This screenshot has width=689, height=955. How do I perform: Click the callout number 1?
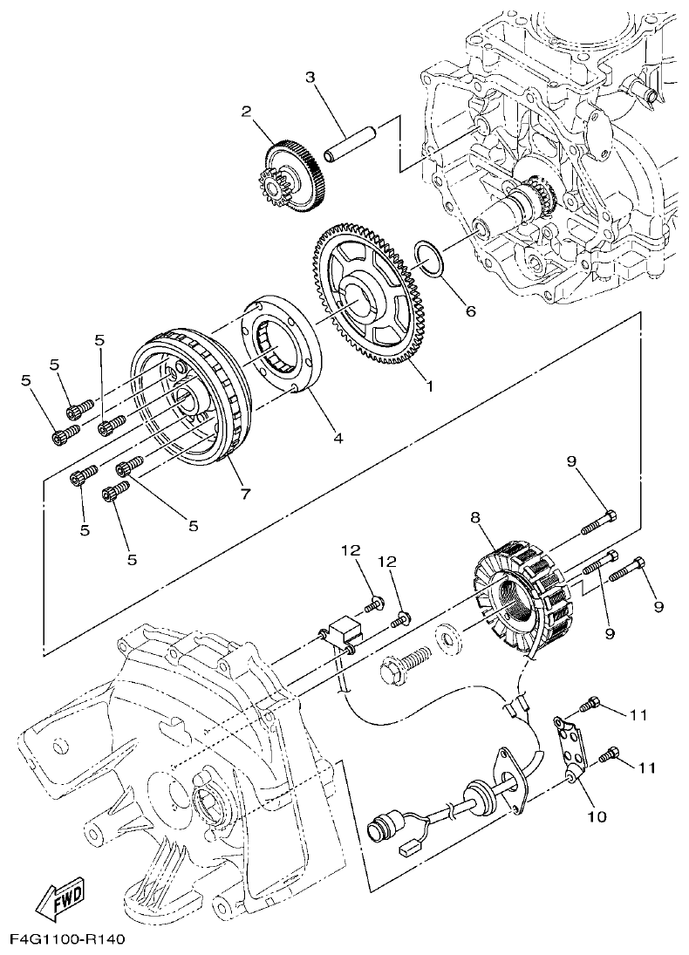[x=427, y=384]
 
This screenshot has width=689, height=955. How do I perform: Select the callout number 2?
[x=247, y=111]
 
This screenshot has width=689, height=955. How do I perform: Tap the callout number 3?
[x=310, y=78]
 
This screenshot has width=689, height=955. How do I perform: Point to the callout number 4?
[x=337, y=439]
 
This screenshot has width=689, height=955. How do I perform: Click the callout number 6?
[x=470, y=310]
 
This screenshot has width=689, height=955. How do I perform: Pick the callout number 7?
[x=245, y=495]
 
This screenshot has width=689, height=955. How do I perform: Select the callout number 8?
[x=475, y=517]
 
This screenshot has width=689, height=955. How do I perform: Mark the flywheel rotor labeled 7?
[x=188, y=401]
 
